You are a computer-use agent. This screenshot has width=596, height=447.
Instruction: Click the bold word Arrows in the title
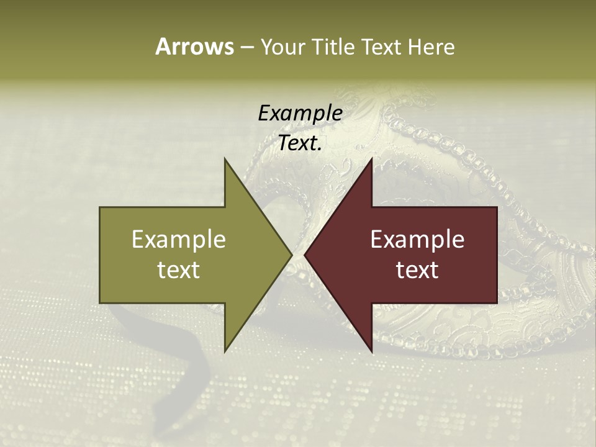pyautogui.click(x=194, y=47)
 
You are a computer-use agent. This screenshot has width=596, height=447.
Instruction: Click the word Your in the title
pyautogui.click(x=283, y=47)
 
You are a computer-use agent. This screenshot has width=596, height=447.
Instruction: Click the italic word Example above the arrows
pyautogui.click(x=300, y=113)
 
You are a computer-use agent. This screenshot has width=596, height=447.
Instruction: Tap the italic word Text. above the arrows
pyautogui.click(x=300, y=143)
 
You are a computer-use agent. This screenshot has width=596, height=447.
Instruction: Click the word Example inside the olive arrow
pyautogui.click(x=179, y=239)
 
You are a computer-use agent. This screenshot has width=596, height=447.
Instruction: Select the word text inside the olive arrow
pyautogui.click(x=179, y=270)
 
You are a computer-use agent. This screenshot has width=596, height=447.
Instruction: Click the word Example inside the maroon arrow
pyautogui.click(x=417, y=239)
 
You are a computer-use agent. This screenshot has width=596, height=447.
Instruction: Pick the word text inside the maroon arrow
pyautogui.click(x=417, y=270)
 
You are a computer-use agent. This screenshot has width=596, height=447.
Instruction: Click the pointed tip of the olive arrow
pyautogui.click(x=291, y=255)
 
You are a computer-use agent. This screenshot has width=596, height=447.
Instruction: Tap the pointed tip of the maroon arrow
pyautogui.click(x=305, y=255)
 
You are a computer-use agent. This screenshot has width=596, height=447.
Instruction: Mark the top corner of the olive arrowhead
pyautogui.click(x=225, y=159)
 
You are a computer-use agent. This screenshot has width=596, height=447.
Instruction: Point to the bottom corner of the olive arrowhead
pyautogui.click(x=225, y=351)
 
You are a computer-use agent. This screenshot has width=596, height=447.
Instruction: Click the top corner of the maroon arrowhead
pyautogui.click(x=371, y=159)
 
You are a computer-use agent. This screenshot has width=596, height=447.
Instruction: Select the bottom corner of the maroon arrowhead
pyautogui.click(x=371, y=351)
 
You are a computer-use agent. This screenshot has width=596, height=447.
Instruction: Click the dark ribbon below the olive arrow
pyautogui.click(x=192, y=360)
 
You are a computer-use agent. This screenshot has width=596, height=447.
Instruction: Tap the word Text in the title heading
pyautogui.click(x=381, y=47)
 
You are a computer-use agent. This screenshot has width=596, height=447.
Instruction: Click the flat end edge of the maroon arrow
pyautogui.click(x=497, y=255)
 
